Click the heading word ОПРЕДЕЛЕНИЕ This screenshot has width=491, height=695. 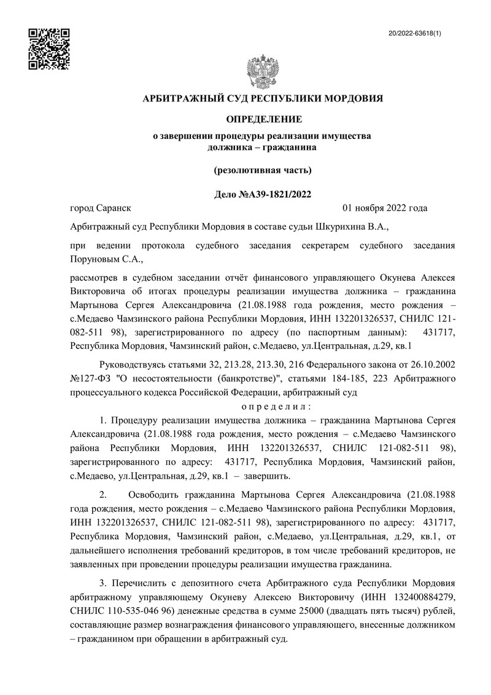[x=262, y=118]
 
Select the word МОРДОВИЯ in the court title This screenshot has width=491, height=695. [x=353, y=98]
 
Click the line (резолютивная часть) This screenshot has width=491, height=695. [x=262, y=170]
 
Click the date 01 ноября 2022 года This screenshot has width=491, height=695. [x=385, y=208]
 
